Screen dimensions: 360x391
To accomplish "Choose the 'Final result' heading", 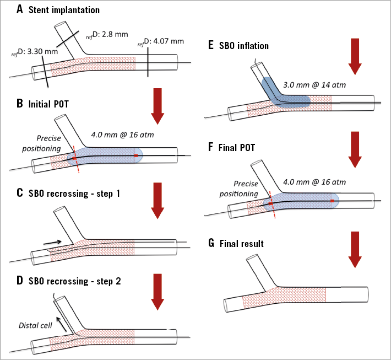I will (x=242, y=243).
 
